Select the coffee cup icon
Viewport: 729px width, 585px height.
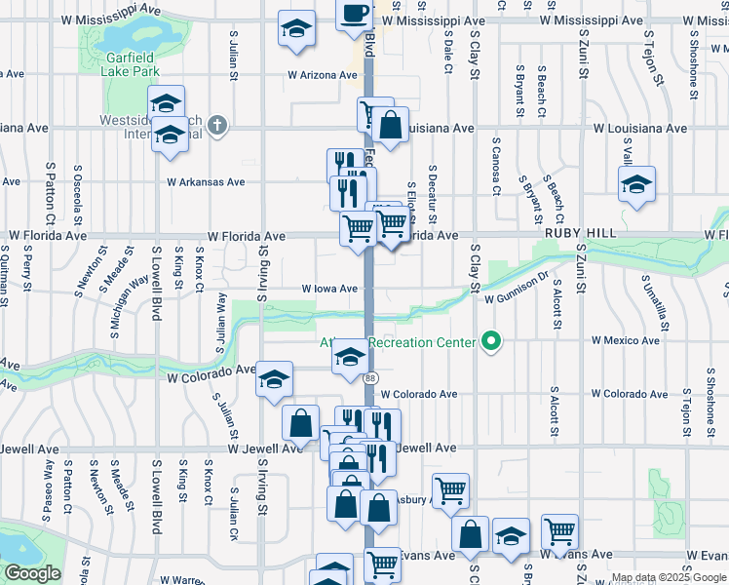[x=355, y=14]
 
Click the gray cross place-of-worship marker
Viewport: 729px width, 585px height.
[x=216, y=126]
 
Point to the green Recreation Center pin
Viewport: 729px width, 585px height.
[x=492, y=341]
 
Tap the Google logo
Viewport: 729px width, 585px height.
[x=32, y=574]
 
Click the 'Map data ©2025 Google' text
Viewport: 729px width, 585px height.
[x=668, y=578]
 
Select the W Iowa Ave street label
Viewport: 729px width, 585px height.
[x=329, y=289]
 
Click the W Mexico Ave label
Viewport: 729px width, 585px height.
[x=626, y=341]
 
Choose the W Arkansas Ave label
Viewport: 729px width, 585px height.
[x=206, y=181]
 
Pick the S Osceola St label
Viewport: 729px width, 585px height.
[x=78, y=191]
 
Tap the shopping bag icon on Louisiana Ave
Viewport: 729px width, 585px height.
[x=390, y=127]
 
